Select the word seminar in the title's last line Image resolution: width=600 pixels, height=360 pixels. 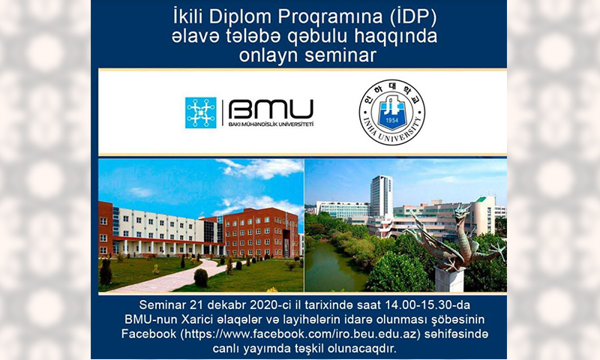pos(340,55)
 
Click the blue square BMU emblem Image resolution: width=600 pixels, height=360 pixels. pos(200,112)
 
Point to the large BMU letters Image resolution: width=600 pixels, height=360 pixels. pos(271,109)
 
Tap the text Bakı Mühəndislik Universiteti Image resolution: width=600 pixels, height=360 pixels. pos(271,124)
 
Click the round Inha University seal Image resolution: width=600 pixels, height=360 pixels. pos(391,112)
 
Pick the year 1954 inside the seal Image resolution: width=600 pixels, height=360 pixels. pos(391,121)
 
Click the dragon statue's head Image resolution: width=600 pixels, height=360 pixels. pos(461,211)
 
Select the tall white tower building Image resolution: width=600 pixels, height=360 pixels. pos(381,196)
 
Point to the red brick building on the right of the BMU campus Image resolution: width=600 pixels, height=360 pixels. pos(259,232)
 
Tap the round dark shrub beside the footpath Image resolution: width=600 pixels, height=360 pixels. pos(201,277)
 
